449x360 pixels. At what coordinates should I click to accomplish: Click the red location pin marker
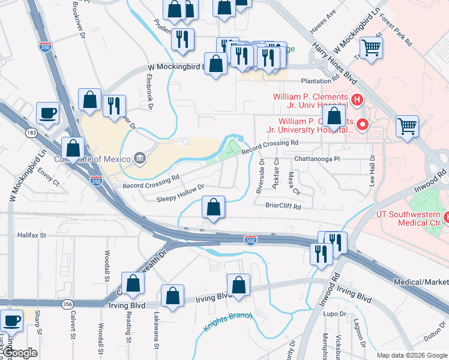coord(362,124)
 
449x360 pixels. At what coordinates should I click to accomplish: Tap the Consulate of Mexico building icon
coord(139,158)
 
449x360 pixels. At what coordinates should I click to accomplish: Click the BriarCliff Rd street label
coord(283,206)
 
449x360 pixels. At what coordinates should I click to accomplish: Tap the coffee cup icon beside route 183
coord(47,112)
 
